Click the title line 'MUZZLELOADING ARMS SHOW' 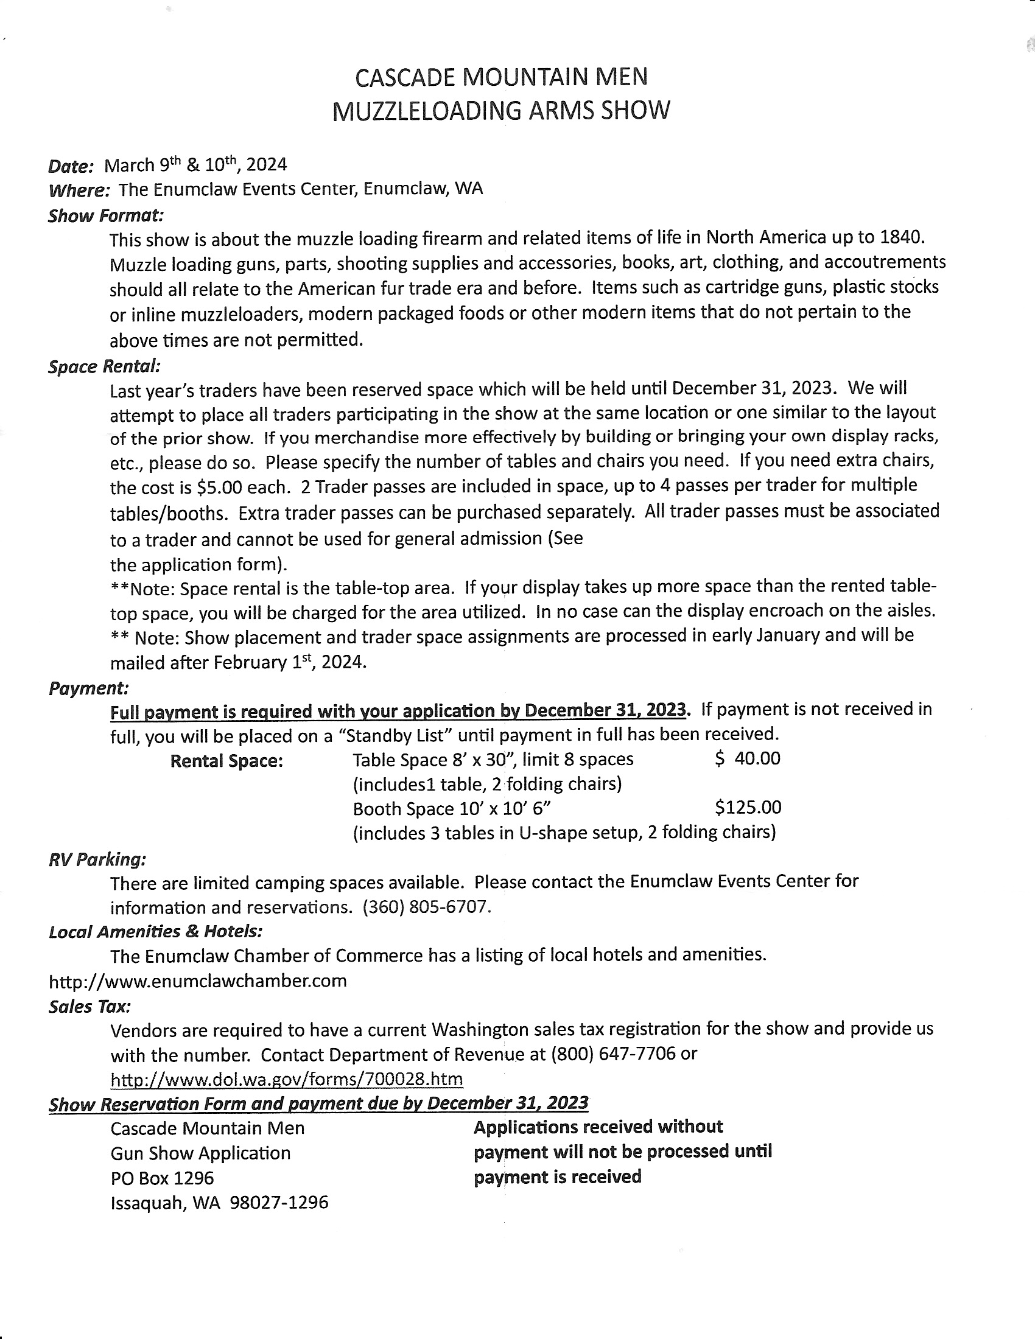pyautogui.click(x=501, y=111)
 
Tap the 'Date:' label pyautogui.click(x=71, y=166)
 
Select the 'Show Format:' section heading pyautogui.click(x=105, y=216)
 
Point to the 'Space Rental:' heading pyautogui.click(x=104, y=366)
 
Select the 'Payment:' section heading pyautogui.click(x=88, y=688)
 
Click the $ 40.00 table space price pyautogui.click(x=748, y=759)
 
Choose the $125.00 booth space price pyautogui.click(x=748, y=808)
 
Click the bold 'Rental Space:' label pyautogui.click(x=226, y=761)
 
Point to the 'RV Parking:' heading pyautogui.click(x=97, y=859)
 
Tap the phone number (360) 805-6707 pyautogui.click(x=426, y=907)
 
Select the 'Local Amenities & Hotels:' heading pyautogui.click(x=156, y=932)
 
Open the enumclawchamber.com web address pyautogui.click(x=197, y=981)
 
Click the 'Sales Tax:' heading pyautogui.click(x=89, y=1007)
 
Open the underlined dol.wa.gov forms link pyautogui.click(x=286, y=1079)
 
